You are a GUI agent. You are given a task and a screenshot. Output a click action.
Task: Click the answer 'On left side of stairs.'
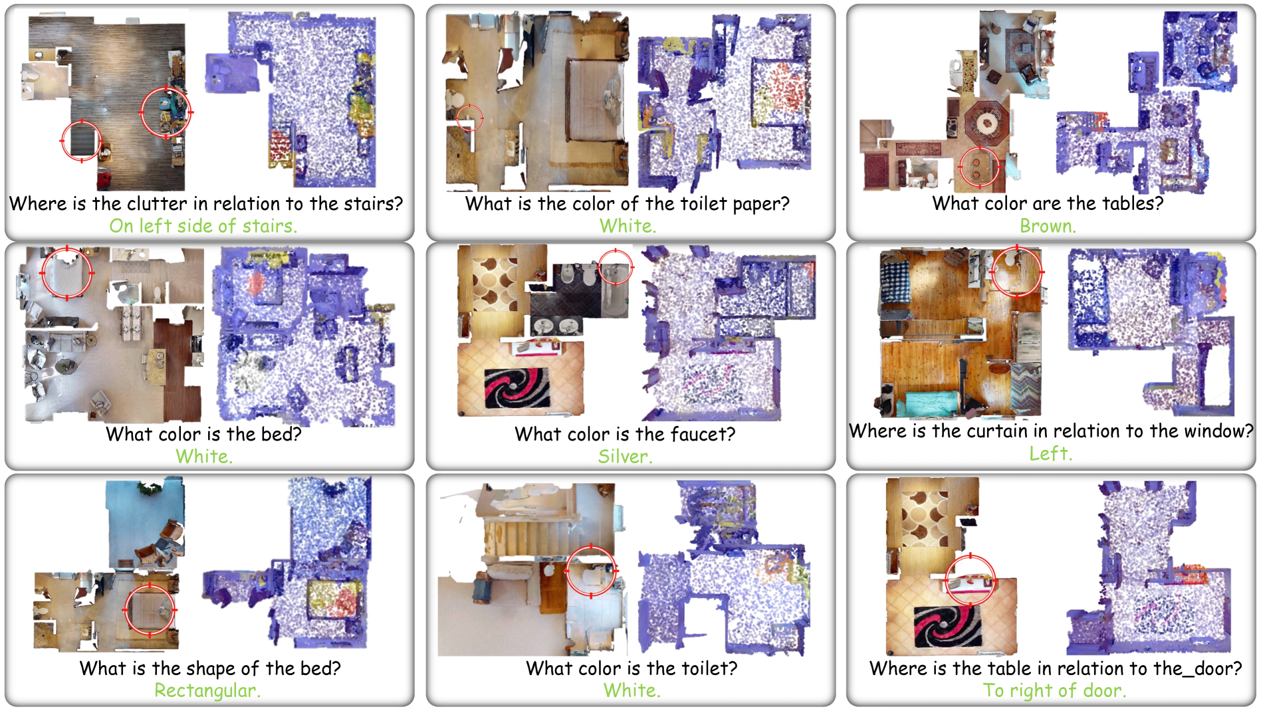coord(203,226)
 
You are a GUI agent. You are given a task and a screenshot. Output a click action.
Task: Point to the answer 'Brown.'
coord(1048,226)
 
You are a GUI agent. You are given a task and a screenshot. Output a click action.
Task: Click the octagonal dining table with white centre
coord(986,123)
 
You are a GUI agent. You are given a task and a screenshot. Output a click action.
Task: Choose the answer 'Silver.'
coord(625,457)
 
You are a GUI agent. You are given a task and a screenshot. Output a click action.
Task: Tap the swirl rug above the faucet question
coord(517,388)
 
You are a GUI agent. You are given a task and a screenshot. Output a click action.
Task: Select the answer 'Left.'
coord(1051,454)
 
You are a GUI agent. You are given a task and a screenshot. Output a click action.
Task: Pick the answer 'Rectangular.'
coord(207,691)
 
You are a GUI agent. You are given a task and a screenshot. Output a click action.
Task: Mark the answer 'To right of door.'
coord(1054,691)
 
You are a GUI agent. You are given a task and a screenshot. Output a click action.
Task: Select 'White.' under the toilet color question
coord(632,690)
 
